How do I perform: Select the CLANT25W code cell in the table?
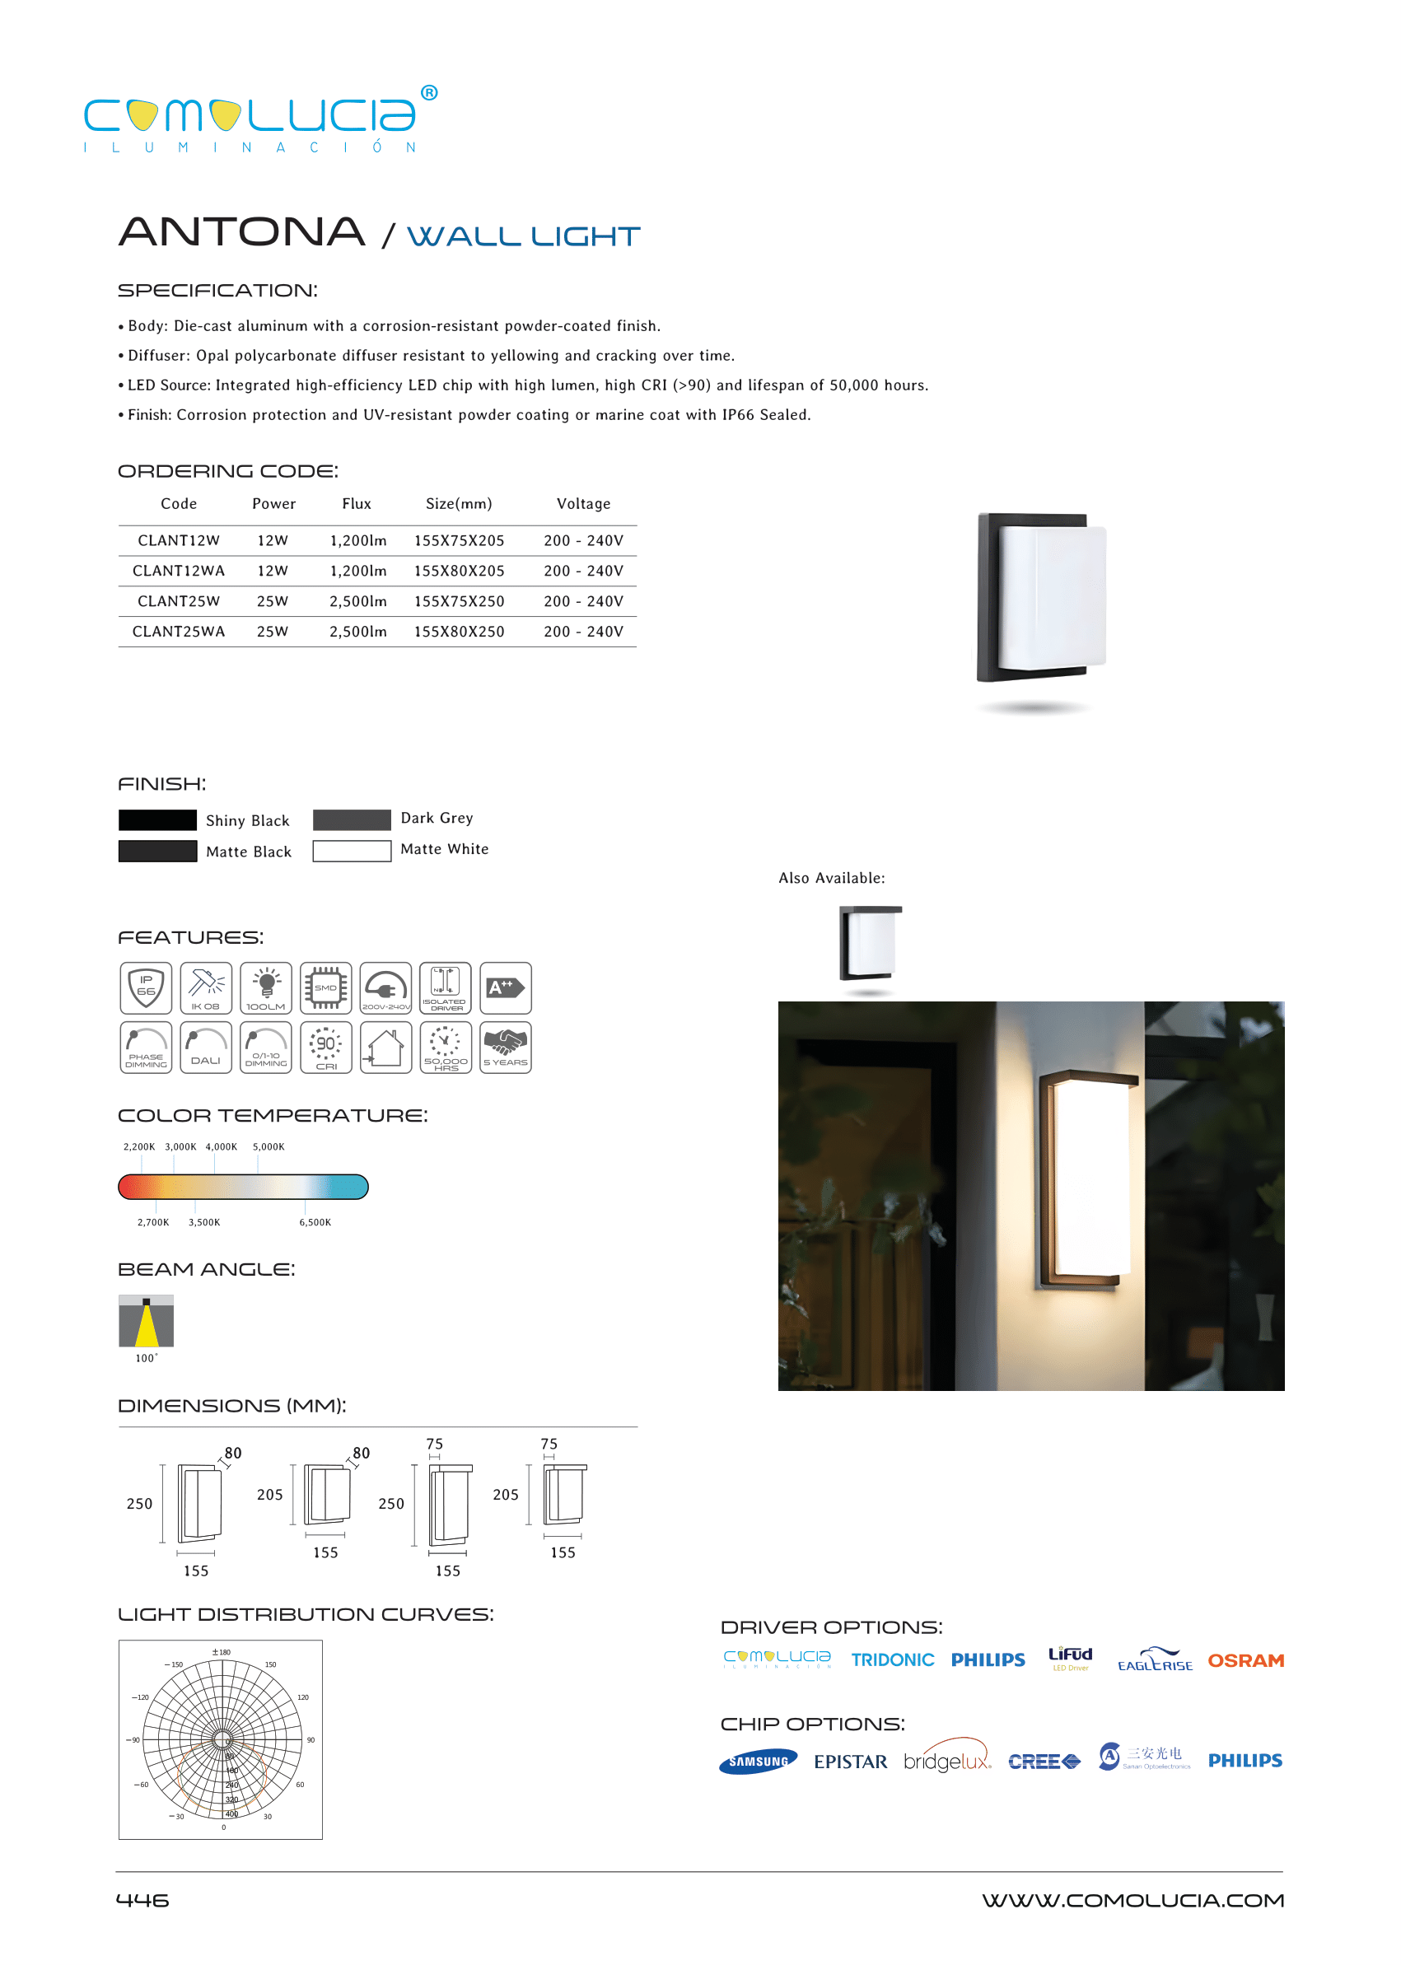[x=179, y=601]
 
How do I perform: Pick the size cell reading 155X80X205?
[x=459, y=571]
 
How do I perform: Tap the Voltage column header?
[x=583, y=504]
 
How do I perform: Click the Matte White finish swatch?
[x=351, y=852]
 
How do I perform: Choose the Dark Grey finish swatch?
[x=351, y=819]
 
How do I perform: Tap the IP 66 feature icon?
[x=146, y=987]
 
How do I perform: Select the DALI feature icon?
[x=205, y=1048]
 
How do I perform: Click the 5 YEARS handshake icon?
[x=506, y=1048]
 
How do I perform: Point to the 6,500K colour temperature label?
[x=315, y=1222]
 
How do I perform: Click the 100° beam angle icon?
[x=146, y=1321]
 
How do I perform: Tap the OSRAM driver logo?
[x=1245, y=1660]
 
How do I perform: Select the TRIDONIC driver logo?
[x=892, y=1660]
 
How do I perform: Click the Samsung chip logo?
[x=758, y=1762]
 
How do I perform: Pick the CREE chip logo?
[x=1044, y=1762]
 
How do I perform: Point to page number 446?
[x=142, y=1900]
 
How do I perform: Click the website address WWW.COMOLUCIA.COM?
[x=1132, y=1900]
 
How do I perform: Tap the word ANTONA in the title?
[x=241, y=232]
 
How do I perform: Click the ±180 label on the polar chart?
[x=222, y=1653]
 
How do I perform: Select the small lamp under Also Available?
[x=870, y=944]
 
